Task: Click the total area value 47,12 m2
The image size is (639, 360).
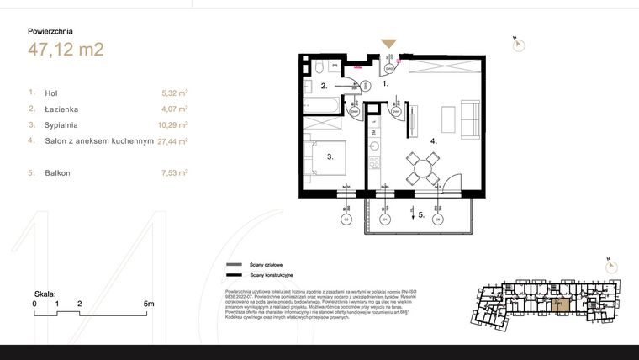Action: tap(65, 50)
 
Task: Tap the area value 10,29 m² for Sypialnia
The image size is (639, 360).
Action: tap(172, 124)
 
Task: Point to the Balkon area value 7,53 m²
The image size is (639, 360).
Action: tap(174, 172)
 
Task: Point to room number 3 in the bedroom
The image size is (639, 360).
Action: tap(331, 156)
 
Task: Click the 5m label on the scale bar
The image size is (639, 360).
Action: tap(148, 303)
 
